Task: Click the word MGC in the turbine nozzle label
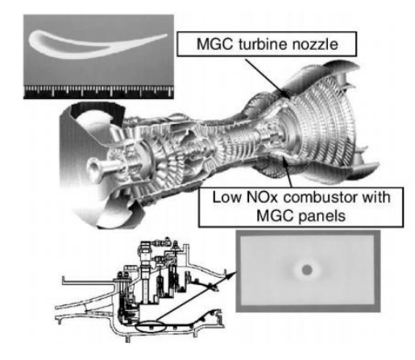(214, 43)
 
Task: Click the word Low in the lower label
(226, 197)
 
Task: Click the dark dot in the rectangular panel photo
(307, 270)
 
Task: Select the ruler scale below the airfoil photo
(98, 92)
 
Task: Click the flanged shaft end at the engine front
(94, 170)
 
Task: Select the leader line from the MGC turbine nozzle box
(268, 77)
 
